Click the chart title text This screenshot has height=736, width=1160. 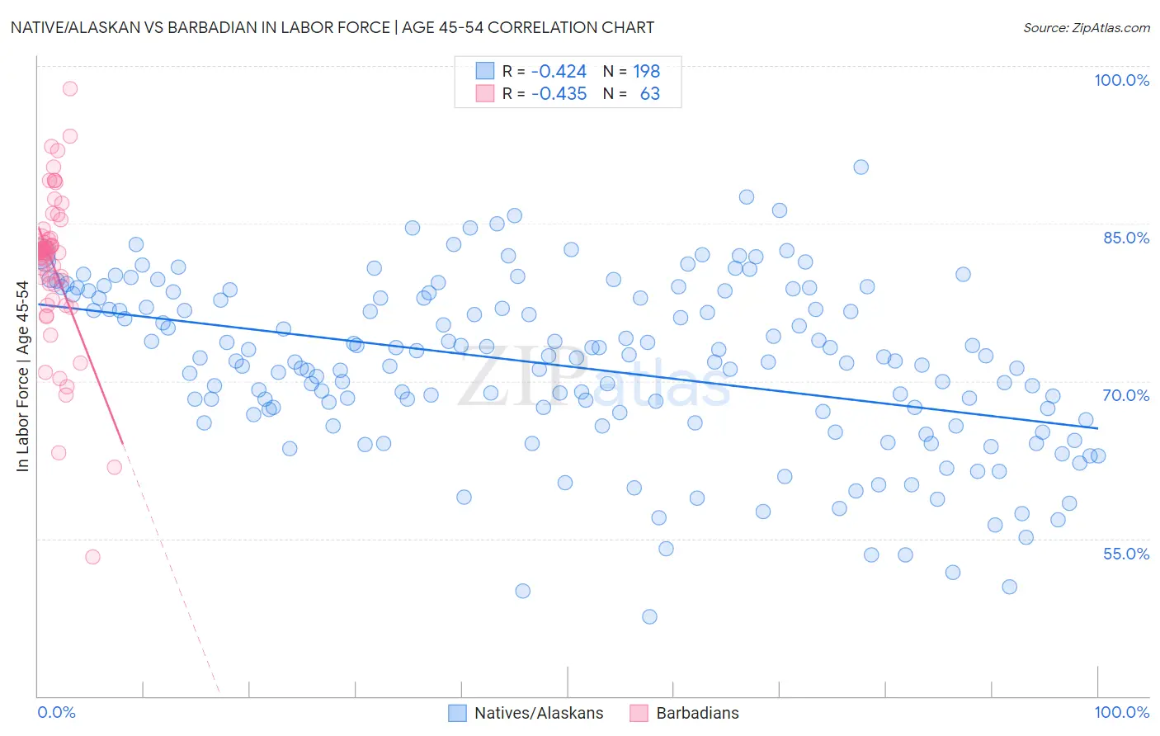click(x=332, y=27)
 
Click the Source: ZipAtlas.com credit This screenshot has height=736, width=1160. click(x=1086, y=28)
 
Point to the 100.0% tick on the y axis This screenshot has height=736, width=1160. click(x=1121, y=80)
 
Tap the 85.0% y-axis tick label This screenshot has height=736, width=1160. click(x=1126, y=238)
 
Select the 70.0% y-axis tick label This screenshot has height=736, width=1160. click(x=1126, y=395)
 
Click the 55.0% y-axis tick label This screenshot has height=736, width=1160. click(x=1126, y=554)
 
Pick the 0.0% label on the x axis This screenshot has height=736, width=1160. click(x=56, y=712)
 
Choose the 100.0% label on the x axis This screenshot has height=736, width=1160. click(x=1121, y=712)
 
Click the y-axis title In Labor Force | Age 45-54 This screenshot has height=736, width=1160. click(x=22, y=376)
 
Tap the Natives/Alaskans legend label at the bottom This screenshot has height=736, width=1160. click(x=539, y=713)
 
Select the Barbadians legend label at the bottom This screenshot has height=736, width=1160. click(x=697, y=713)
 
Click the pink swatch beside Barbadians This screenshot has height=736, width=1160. click(x=639, y=713)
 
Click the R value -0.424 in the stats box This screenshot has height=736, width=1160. click(x=559, y=72)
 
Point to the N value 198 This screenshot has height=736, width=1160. click(x=646, y=72)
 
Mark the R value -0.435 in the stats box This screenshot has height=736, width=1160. click(x=559, y=94)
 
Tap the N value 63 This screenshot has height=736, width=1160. click(x=649, y=94)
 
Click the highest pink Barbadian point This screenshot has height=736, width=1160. click(x=70, y=88)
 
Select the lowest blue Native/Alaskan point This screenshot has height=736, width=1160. click(x=649, y=617)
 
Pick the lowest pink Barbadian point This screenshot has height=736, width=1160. click(x=92, y=557)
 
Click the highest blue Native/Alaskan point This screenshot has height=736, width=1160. click(x=861, y=167)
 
